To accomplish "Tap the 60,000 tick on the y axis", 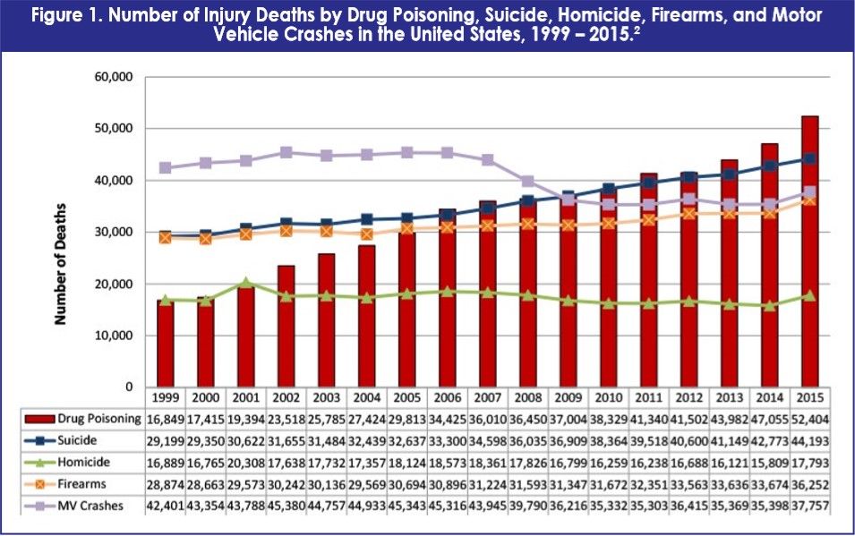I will pyautogui.click(x=113, y=77).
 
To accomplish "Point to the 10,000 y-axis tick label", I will pyautogui.click(x=113, y=336).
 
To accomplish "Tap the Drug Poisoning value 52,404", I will pyautogui.click(x=809, y=419).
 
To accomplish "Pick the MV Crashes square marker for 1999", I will pyautogui.click(x=164, y=167).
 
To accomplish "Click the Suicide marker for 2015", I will pyautogui.click(x=809, y=158).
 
